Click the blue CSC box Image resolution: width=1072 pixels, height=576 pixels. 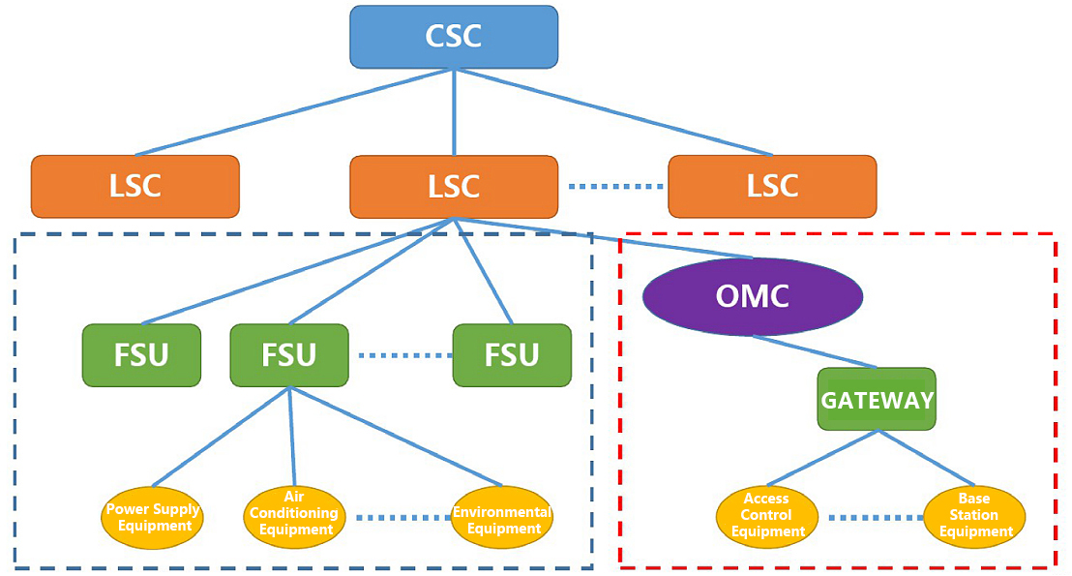[x=453, y=37]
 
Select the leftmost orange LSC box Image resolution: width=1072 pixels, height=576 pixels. [x=134, y=186]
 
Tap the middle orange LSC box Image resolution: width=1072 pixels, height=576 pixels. [x=453, y=186]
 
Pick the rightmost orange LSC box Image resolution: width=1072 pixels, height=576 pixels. [x=772, y=186]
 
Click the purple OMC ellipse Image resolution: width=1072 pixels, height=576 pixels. [x=752, y=296]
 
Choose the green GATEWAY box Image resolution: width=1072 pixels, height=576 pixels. [x=877, y=399]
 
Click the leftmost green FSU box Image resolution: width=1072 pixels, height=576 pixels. [x=141, y=354]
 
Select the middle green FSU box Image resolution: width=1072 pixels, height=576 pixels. [x=289, y=354]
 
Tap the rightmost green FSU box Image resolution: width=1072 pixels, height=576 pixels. [x=512, y=354]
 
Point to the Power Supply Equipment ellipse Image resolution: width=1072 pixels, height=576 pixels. [x=153, y=517]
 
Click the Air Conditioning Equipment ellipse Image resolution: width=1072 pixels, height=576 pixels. [x=295, y=515]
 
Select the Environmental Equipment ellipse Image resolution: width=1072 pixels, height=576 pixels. [x=502, y=519]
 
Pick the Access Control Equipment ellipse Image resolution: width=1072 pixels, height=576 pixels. [x=767, y=516]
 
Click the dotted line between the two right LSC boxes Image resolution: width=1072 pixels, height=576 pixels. [x=612, y=186]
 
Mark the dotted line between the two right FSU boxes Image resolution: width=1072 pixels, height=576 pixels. [x=401, y=355]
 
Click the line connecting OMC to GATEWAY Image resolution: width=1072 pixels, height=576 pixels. [x=816, y=351]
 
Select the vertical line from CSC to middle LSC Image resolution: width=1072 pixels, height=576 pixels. [x=454, y=111]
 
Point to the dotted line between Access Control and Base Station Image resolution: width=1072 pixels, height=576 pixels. [x=871, y=517]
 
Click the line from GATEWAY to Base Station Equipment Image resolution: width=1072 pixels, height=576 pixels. [x=925, y=460]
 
